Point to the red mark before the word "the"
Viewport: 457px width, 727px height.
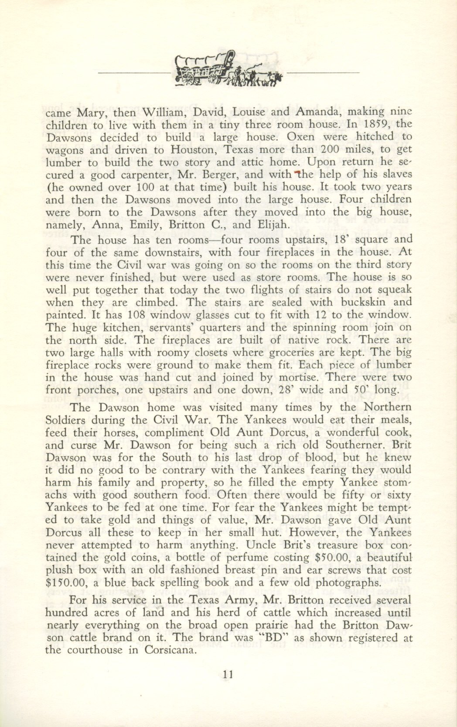point(297,174)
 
